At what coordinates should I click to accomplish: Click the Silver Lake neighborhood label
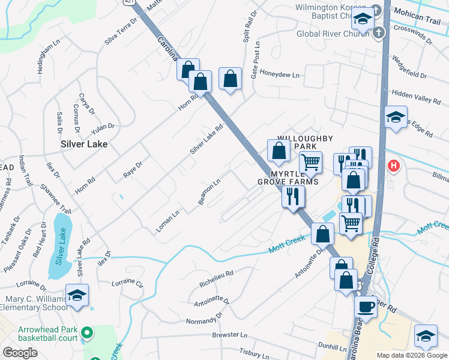84,144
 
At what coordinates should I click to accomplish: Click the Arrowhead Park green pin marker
86,332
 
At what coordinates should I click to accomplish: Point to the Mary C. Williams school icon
77,295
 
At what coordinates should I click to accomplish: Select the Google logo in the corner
20,353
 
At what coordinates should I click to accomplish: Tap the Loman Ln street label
167,221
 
